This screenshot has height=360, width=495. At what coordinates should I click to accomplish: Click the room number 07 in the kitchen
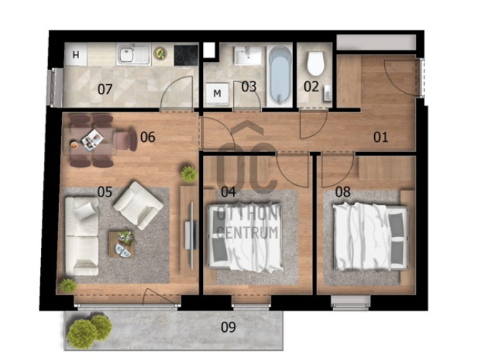click(105, 89)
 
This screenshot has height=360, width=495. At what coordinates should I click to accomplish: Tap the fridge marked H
click(76, 55)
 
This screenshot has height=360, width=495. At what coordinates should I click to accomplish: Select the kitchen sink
click(133, 54)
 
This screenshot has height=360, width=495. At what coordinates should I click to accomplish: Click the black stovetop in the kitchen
click(186, 55)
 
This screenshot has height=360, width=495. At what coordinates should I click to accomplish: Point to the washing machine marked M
click(217, 94)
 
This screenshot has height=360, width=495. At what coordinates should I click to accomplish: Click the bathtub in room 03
click(279, 76)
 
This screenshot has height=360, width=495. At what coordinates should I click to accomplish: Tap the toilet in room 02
click(316, 63)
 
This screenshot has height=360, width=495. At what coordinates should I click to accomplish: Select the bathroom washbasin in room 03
click(247, 55)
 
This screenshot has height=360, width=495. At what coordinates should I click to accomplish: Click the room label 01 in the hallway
click(381, 137)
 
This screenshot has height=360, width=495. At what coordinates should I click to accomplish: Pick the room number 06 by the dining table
click(147, 137)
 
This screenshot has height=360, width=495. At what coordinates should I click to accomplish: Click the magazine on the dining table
click(92, 140)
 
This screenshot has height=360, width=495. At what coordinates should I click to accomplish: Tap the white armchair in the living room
click(138, 205)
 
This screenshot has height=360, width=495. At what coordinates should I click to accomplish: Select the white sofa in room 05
click(82, 236)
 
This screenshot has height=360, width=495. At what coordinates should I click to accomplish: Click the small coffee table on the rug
click(122, 244)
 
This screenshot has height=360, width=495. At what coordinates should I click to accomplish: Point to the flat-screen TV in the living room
click(191, 235)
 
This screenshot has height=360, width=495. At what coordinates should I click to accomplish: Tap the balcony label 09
click(228, 327)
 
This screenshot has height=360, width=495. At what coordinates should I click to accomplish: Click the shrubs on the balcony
click(89, 330)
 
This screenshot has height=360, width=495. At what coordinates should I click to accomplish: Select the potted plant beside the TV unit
click(189, 174)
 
